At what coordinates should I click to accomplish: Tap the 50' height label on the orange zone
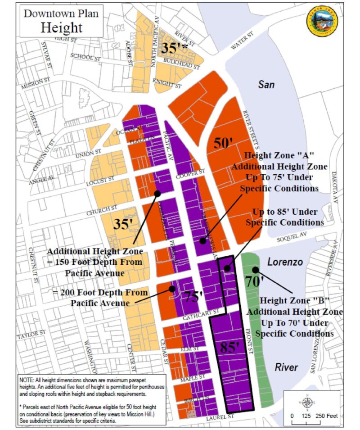(222, 143)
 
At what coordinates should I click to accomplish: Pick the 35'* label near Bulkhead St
(175, 48)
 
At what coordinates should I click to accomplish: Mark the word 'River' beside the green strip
(287, 367)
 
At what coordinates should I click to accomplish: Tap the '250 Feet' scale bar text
(327, 416)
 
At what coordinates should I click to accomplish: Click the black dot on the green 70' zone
(255, 270)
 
